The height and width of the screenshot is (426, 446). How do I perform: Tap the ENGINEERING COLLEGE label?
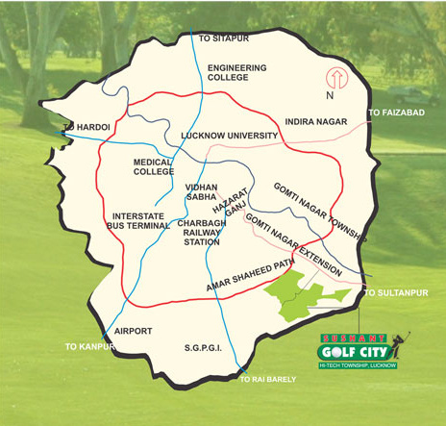tap(236, 72)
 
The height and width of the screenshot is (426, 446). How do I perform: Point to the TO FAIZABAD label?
tap(394, 113)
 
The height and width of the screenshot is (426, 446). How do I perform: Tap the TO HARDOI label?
tap(86, 126)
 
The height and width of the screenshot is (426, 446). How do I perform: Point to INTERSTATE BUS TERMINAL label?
tap(140, 222)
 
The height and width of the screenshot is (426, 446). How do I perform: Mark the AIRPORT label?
tap(133, 330)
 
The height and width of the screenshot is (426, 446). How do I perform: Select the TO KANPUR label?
tap(88, 345)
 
